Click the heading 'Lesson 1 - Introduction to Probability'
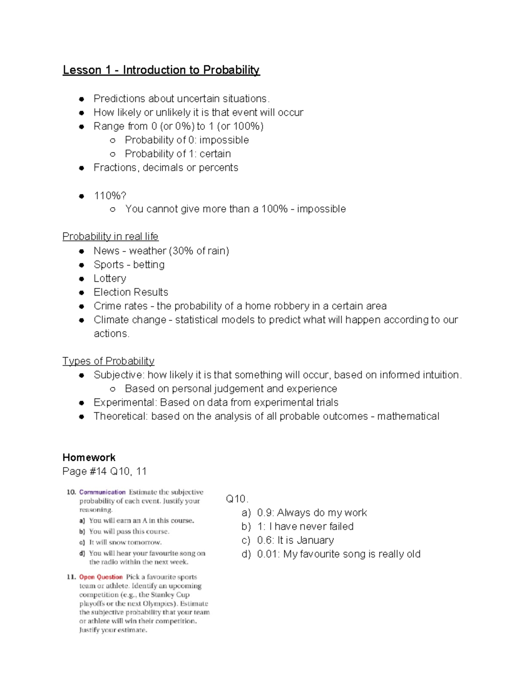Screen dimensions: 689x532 161,70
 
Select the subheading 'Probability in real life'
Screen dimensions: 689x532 110,236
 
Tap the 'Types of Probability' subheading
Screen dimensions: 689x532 108,361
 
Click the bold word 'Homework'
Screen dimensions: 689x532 89,457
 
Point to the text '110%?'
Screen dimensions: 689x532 110,196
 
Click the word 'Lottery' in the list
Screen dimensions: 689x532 110,279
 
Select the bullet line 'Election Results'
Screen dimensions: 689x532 131,292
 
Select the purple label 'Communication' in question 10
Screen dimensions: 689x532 102,492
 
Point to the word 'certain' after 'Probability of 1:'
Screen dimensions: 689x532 215,154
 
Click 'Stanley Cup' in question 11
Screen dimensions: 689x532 170,595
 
